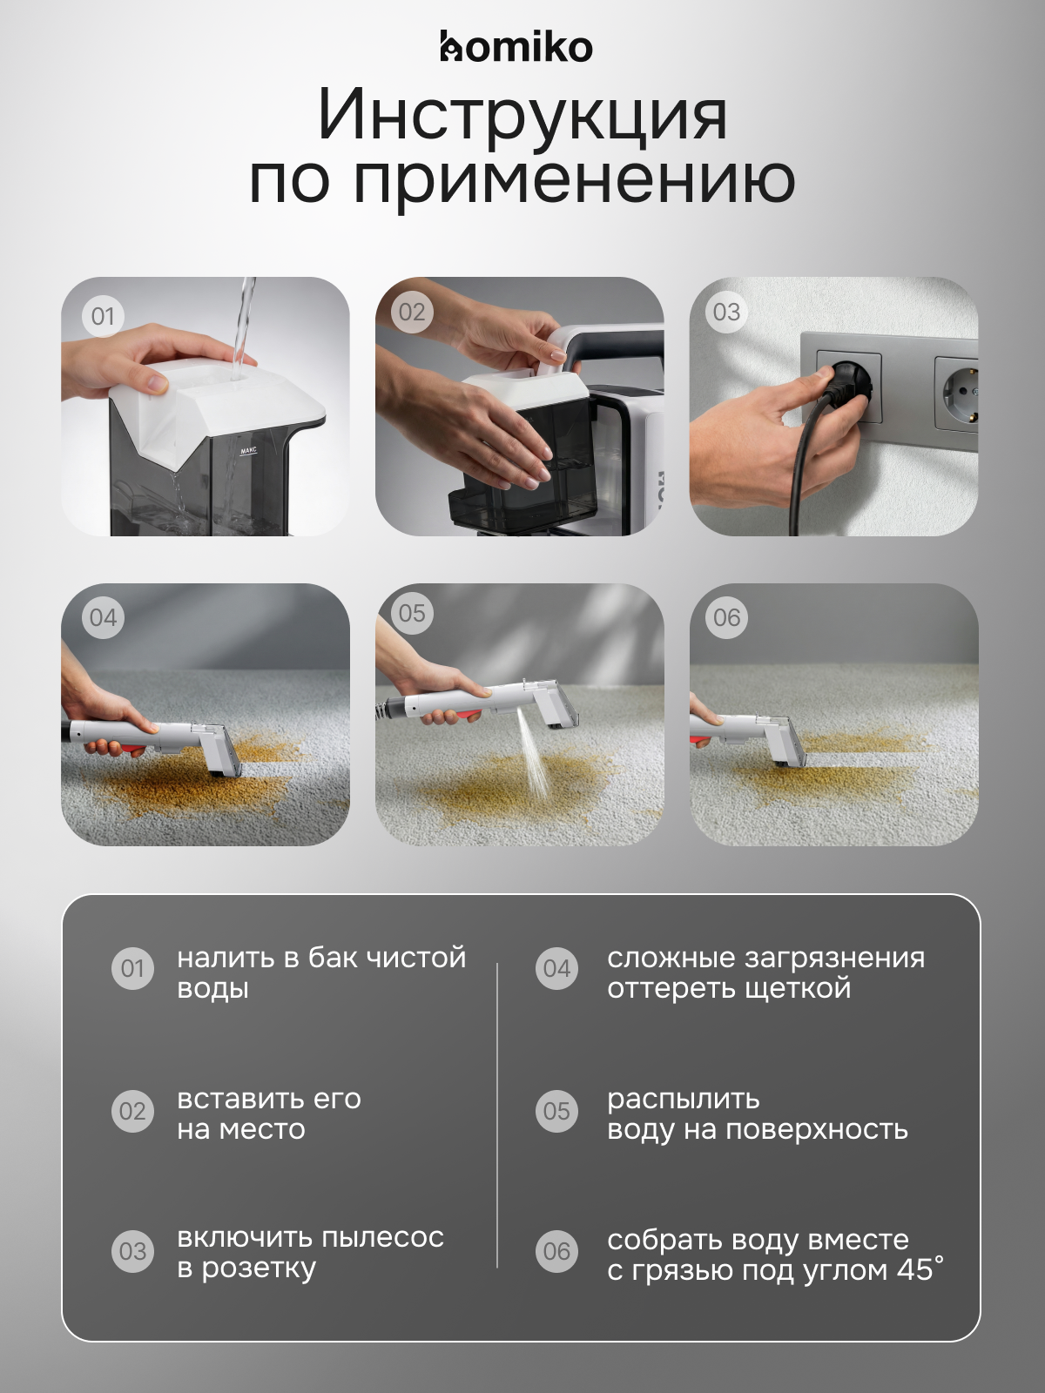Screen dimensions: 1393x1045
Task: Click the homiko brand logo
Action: click(x=516, y=47)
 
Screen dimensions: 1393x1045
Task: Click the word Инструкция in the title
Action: click(x=522, y=114)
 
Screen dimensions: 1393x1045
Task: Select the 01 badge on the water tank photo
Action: click(x=103, y=316)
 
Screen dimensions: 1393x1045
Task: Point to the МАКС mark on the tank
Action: click(x=248, y=451)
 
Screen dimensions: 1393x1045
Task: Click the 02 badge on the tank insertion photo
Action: click(x=412, y=313)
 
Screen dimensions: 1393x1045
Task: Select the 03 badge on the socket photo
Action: click(x=726, y=313)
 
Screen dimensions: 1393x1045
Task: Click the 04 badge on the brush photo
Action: click(x=103, y=618)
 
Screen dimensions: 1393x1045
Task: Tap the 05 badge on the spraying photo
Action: click(x=412, y=614)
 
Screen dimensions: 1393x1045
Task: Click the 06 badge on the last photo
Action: click(x=726, y=618)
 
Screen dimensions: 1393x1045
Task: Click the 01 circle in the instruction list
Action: click(x=132, y=968)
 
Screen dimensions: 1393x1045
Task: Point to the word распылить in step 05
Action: click(x=683, y=1099)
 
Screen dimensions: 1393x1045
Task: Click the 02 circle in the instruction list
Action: click(x=132, y=1111)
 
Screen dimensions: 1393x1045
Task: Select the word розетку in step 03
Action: click(x=259, y=1269)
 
